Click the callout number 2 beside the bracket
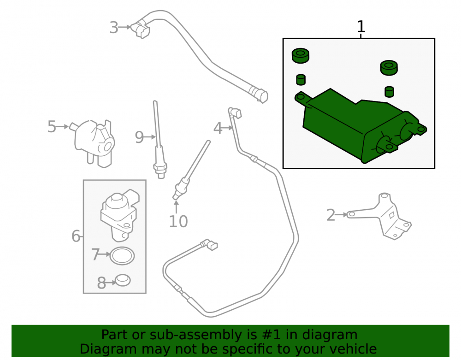(331, 215)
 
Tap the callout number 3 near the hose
(114, 28)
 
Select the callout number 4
(218, 128)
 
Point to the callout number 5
(52, 127)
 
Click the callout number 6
(76, 236)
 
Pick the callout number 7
(95, 254)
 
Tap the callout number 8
(101, 283)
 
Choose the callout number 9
(139, 137)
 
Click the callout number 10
(178, 222)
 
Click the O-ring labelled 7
(122, 255)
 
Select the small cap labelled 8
(122, 280)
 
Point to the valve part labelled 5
(93, 143)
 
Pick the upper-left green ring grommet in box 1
(300, 55)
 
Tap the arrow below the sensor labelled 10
(176, 207)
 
